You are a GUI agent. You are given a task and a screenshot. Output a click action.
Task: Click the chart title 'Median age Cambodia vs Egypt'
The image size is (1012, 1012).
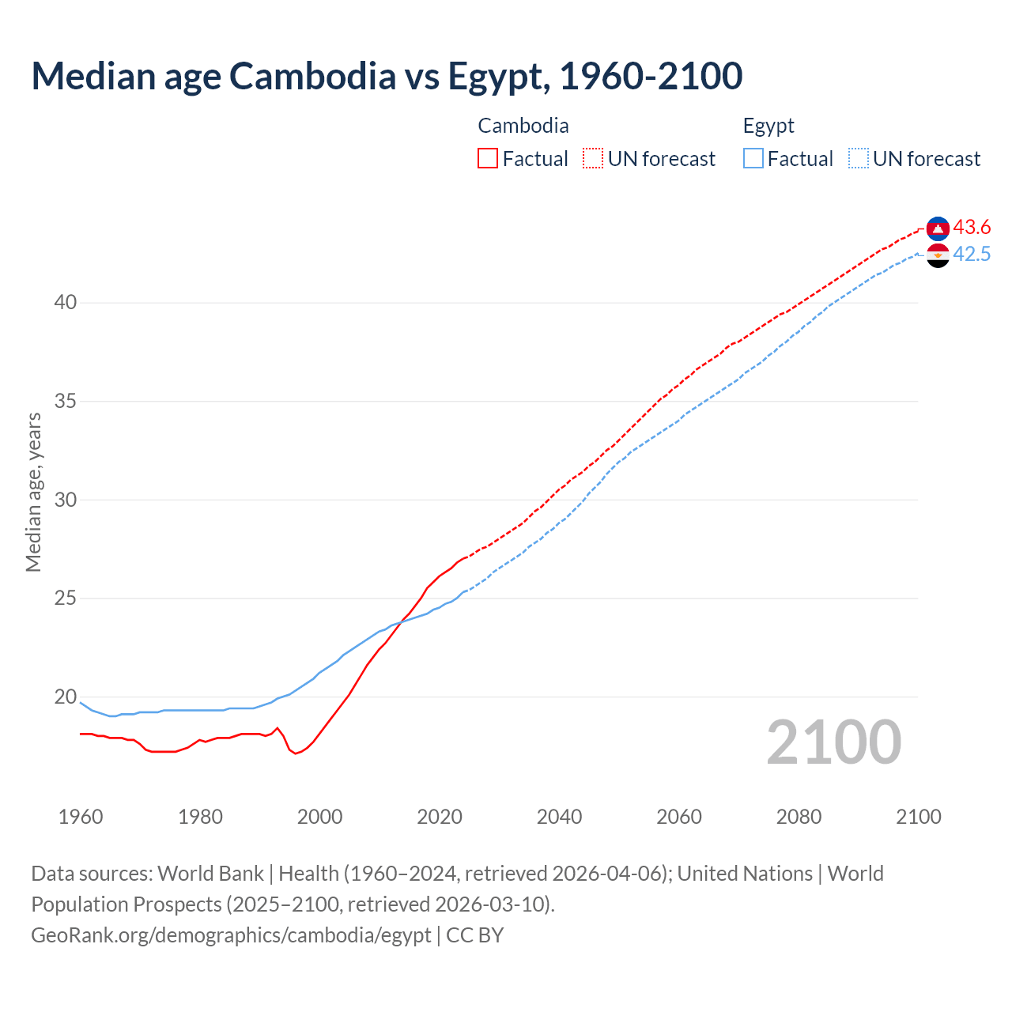click(387, 76)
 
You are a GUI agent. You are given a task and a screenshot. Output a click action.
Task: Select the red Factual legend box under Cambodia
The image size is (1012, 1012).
click(488, 158)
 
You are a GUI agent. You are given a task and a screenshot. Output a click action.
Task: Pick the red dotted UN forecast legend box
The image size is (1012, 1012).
click(593, 158)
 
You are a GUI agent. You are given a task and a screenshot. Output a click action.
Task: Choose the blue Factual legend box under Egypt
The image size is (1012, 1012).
click(753, 158)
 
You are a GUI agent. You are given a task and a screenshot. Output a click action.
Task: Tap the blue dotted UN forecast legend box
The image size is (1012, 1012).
click(859, 158)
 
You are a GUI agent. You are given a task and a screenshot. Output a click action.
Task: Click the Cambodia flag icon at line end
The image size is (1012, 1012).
click(938, 228)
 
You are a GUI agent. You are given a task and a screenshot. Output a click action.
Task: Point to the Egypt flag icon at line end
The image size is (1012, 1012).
click(938, 255)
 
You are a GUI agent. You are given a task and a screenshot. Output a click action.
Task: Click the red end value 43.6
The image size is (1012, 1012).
click(972, 228)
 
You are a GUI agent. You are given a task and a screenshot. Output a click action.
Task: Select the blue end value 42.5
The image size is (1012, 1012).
click(972, 255)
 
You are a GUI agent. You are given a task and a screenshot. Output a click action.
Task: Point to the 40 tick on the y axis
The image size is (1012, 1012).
click(66, 303)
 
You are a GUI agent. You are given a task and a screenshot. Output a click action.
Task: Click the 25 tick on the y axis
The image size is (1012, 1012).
click(66, 599)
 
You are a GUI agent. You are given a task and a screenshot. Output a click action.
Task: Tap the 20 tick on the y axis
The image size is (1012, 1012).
click(66, 697)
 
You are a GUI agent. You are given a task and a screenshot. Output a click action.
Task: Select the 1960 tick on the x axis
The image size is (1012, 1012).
click(81, 817)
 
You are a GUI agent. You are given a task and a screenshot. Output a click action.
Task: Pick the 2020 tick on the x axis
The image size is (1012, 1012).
click(440, 817)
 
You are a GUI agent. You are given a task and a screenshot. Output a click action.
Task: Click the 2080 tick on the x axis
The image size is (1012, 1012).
click(799, 817)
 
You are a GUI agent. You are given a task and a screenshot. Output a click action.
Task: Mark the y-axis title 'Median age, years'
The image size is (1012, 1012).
click(33, 492)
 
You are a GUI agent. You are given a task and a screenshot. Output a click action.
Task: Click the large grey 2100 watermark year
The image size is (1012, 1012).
click(834, 742)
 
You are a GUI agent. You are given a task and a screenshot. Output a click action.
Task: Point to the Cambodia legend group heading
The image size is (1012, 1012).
click(523, 126)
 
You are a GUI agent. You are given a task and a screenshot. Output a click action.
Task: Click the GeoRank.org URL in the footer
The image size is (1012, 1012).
click(231, 935)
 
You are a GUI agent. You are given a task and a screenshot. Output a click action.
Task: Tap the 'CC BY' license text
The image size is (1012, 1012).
click(475, 935)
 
